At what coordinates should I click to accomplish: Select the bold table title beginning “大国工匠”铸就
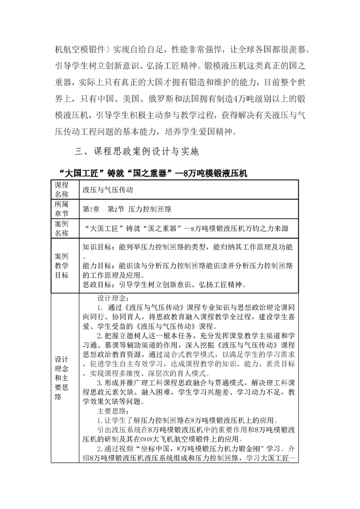153,173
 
